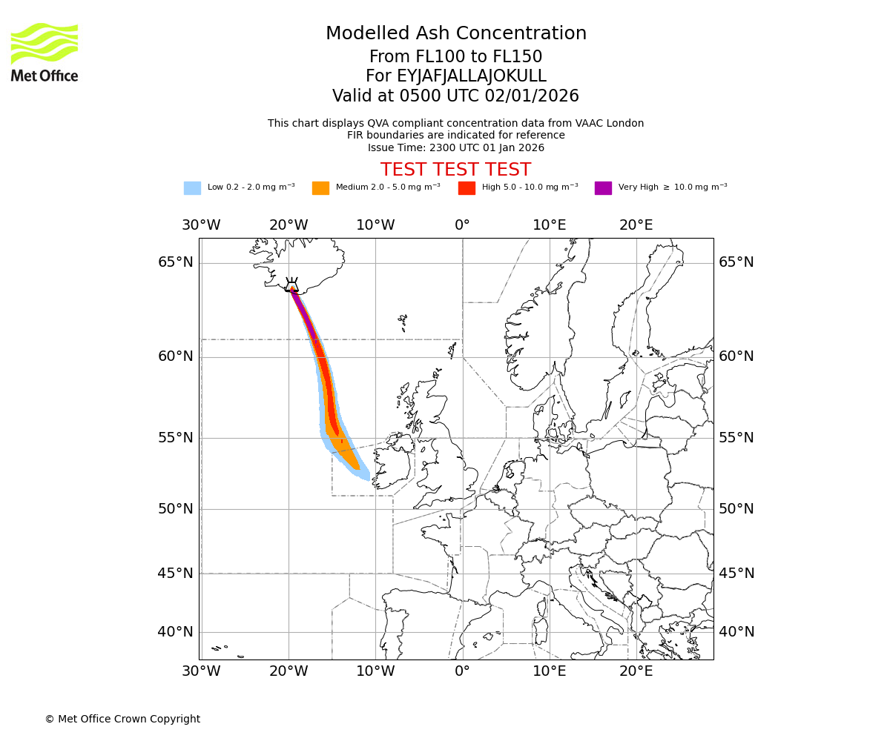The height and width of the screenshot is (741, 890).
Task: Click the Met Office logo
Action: [44, 52]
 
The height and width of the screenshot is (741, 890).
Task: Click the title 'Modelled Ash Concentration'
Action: [456, 34]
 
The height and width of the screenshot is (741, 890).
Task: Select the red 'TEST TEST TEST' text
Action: [456, 170]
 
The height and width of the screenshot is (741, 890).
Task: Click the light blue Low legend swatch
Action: [192, 188]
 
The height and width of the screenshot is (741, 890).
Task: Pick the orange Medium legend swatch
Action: [320, 188]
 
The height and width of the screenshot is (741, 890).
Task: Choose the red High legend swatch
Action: [467, 188]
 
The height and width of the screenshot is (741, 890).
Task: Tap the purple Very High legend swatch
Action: [603, 188]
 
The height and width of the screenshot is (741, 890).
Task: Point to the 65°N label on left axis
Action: [176, 262]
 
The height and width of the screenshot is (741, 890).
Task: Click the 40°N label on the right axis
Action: [736, 632]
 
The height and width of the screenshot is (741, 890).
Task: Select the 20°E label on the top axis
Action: [636, 225]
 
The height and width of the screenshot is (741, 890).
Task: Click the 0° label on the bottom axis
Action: [463, 671]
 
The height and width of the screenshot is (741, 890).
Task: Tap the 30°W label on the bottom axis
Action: [201, 671]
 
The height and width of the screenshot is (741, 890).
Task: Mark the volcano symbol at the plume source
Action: [292, 285]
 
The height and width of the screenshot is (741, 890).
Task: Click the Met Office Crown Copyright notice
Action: [122, 719]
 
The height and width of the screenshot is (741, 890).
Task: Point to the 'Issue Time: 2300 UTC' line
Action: [456, 147]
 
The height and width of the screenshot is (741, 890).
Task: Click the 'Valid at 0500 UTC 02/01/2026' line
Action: [456, 96]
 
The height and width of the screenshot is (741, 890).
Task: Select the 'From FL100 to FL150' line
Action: [456, 57]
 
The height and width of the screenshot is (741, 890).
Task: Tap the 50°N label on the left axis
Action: [176, 509]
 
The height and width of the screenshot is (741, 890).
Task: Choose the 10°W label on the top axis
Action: [375, 225]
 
